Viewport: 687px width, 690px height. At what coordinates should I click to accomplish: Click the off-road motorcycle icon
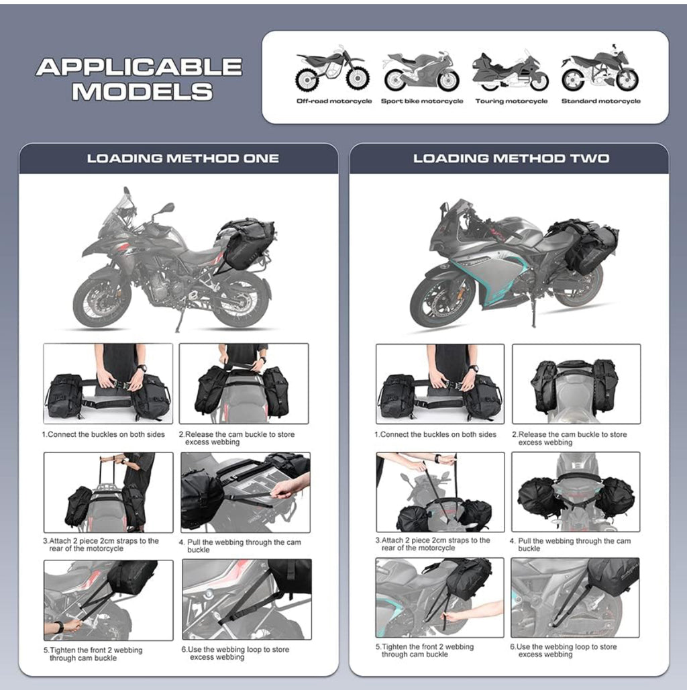(x=332, y=70)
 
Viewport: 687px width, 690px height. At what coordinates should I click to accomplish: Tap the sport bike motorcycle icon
(x=421, y=72)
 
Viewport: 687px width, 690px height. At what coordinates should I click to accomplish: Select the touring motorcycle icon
(x=511, y=72)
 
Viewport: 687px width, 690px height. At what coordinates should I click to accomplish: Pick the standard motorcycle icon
(x=600, y=70)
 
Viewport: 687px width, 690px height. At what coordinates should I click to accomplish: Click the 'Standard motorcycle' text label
(x=600, y=101)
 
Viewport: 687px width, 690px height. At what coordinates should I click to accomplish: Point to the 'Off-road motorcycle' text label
(x=334, y=101)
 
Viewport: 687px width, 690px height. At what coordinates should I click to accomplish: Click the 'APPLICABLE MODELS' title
(x=139, y=79)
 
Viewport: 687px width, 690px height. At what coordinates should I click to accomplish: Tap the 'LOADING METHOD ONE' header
(x=182, y=159)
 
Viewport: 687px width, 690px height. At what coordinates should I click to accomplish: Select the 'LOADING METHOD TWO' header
(x=511, y=159)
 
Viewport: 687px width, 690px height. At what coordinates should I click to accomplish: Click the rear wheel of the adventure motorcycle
(x=241, y=299)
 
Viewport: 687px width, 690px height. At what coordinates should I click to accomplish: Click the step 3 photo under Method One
(x=108, y=492)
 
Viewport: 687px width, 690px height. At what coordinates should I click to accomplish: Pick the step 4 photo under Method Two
(x=576, y=491)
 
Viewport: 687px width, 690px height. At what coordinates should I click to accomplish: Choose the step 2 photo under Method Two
(x=576, y=384)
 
